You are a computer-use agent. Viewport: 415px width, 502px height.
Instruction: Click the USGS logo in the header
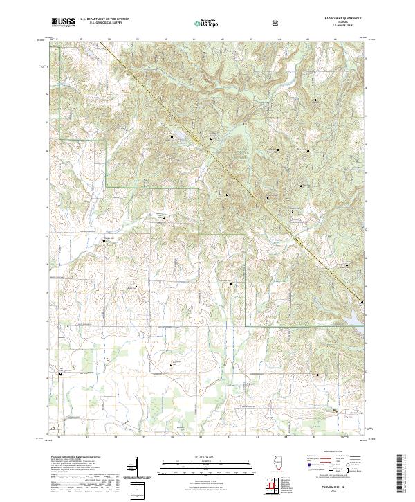[x=63, y=23]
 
